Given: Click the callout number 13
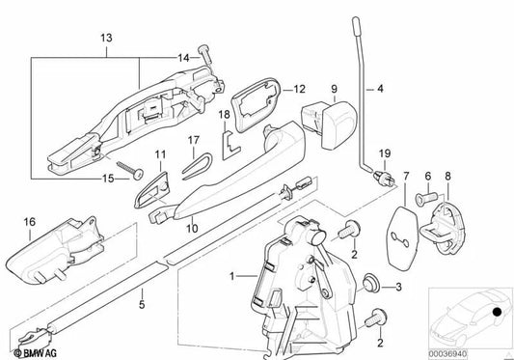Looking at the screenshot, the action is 106,38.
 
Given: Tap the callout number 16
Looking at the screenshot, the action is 30,222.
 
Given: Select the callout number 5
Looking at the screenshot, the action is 142,305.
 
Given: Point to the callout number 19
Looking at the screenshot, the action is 385,153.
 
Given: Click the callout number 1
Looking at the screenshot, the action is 232,276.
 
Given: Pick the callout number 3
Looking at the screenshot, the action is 398,288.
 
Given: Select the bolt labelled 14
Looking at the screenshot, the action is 205,59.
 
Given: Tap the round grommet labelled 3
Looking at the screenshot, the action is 371,282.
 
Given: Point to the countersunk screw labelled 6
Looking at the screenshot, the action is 426,198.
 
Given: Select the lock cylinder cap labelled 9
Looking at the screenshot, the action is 329,125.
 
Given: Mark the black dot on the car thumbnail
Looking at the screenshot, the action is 498,312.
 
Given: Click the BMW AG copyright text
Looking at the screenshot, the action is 36,353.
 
